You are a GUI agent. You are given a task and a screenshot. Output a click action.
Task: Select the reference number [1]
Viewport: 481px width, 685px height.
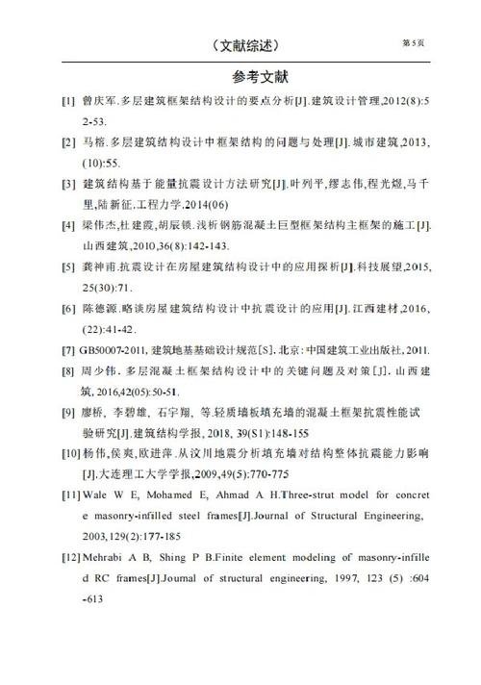(x=68, y=100)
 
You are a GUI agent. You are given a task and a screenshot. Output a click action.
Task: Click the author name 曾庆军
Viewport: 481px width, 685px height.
(x=98, y=100)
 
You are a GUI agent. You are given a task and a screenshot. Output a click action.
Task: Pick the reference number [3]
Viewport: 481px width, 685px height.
(x=68, y=184)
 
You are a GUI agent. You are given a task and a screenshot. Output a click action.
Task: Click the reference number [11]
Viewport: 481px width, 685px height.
(x=71, y=495)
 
